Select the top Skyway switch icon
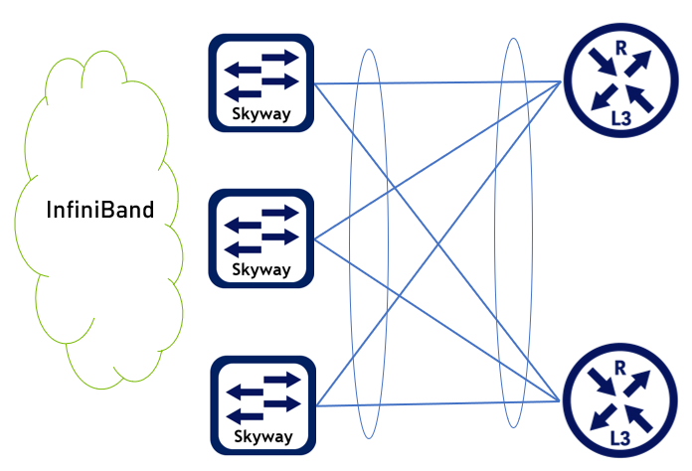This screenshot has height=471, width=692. [x=261, y=82]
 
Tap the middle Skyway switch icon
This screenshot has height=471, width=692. [x=261, y=238]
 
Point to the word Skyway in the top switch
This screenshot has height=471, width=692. [x=261, y=113]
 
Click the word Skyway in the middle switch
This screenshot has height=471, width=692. [x=261, y=269]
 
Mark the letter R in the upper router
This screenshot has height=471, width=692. [x=618, y=48]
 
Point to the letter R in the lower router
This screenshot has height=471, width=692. [x=618, y=369]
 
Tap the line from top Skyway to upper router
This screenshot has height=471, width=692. [x=437, y=83]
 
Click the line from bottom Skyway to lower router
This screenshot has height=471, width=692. [x=437, y=403]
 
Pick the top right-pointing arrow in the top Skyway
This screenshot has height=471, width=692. [x=278, y=57]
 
